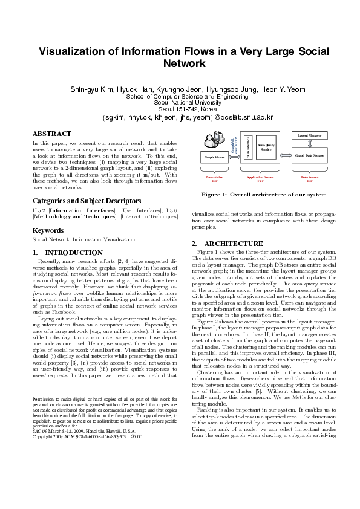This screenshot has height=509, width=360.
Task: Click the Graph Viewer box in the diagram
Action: click(215, 157)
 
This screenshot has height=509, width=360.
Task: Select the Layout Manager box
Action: click(310, 135)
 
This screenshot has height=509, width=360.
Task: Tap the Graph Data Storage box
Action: click(310, 155)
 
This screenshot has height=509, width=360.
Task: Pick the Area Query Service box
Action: click(266, 147)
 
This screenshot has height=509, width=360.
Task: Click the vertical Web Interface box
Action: click(248, 147)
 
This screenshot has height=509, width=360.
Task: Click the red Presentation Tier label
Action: click(214, 178)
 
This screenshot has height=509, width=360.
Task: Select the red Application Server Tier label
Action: click(260, 178)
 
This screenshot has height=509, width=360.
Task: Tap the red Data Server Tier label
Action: click(310, 178)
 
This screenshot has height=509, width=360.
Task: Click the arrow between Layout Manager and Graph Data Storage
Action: click(310, 144)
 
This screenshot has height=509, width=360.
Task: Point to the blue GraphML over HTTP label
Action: click(236, 147)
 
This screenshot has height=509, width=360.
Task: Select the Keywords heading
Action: click(48, 230)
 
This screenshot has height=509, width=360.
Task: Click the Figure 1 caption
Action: click(264, 195)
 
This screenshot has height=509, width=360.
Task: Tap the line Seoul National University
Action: click(180, 103)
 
